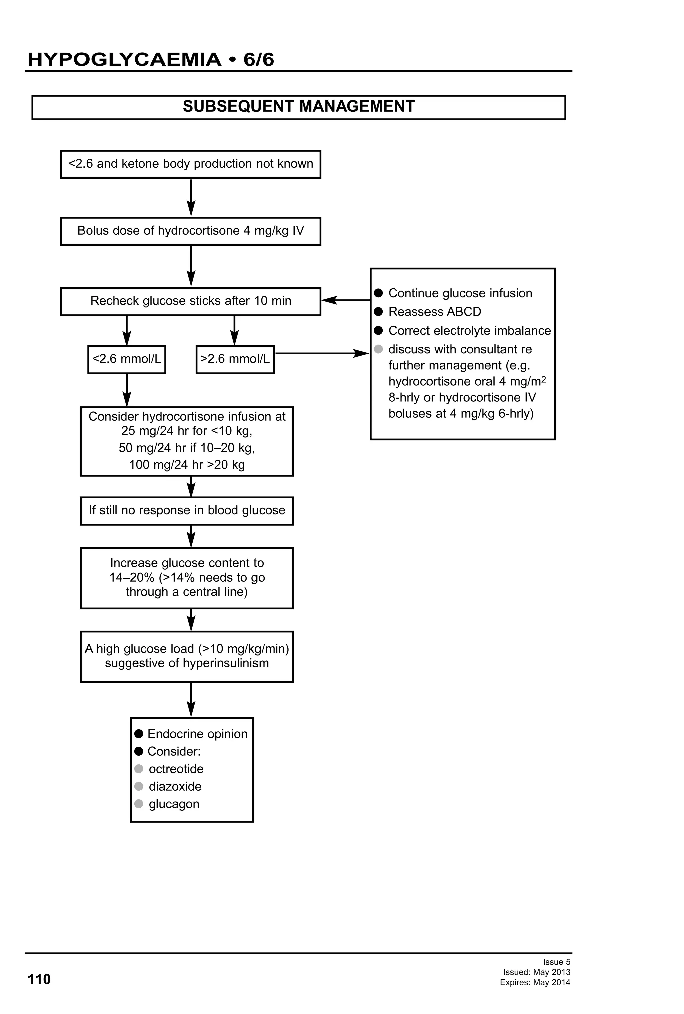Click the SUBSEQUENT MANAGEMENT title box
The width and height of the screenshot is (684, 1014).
[x=299, y=107]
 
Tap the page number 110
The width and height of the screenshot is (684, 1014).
[x=39, y=979]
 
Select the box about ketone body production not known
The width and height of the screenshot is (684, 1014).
[x=190, y=164]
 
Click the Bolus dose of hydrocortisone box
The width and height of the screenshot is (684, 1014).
[x=190, y=231]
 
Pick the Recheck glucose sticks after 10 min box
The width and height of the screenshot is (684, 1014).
[x=190, y=301]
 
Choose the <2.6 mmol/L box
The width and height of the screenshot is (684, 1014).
[x=127, y=359]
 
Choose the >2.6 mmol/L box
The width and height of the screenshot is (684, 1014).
[x=235, y=359]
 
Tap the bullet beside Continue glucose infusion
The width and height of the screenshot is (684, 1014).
[x=378, y=293]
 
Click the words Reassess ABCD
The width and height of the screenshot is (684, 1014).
[x=435, y=312]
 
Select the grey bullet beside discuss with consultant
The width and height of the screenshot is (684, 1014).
[x=378, y=349]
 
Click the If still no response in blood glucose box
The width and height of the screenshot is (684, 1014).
[x=187, y=510]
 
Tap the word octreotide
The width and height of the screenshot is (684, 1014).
[x=176, y=769]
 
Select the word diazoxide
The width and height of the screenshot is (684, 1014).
[x=175, y=786]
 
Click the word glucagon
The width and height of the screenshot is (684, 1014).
[x=174, y=804]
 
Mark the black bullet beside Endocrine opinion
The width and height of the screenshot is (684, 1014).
[x=139, y=734]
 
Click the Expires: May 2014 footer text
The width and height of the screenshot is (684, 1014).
[x=535, y=983]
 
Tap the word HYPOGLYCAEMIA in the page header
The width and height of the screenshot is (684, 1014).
[x=124, y=59]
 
